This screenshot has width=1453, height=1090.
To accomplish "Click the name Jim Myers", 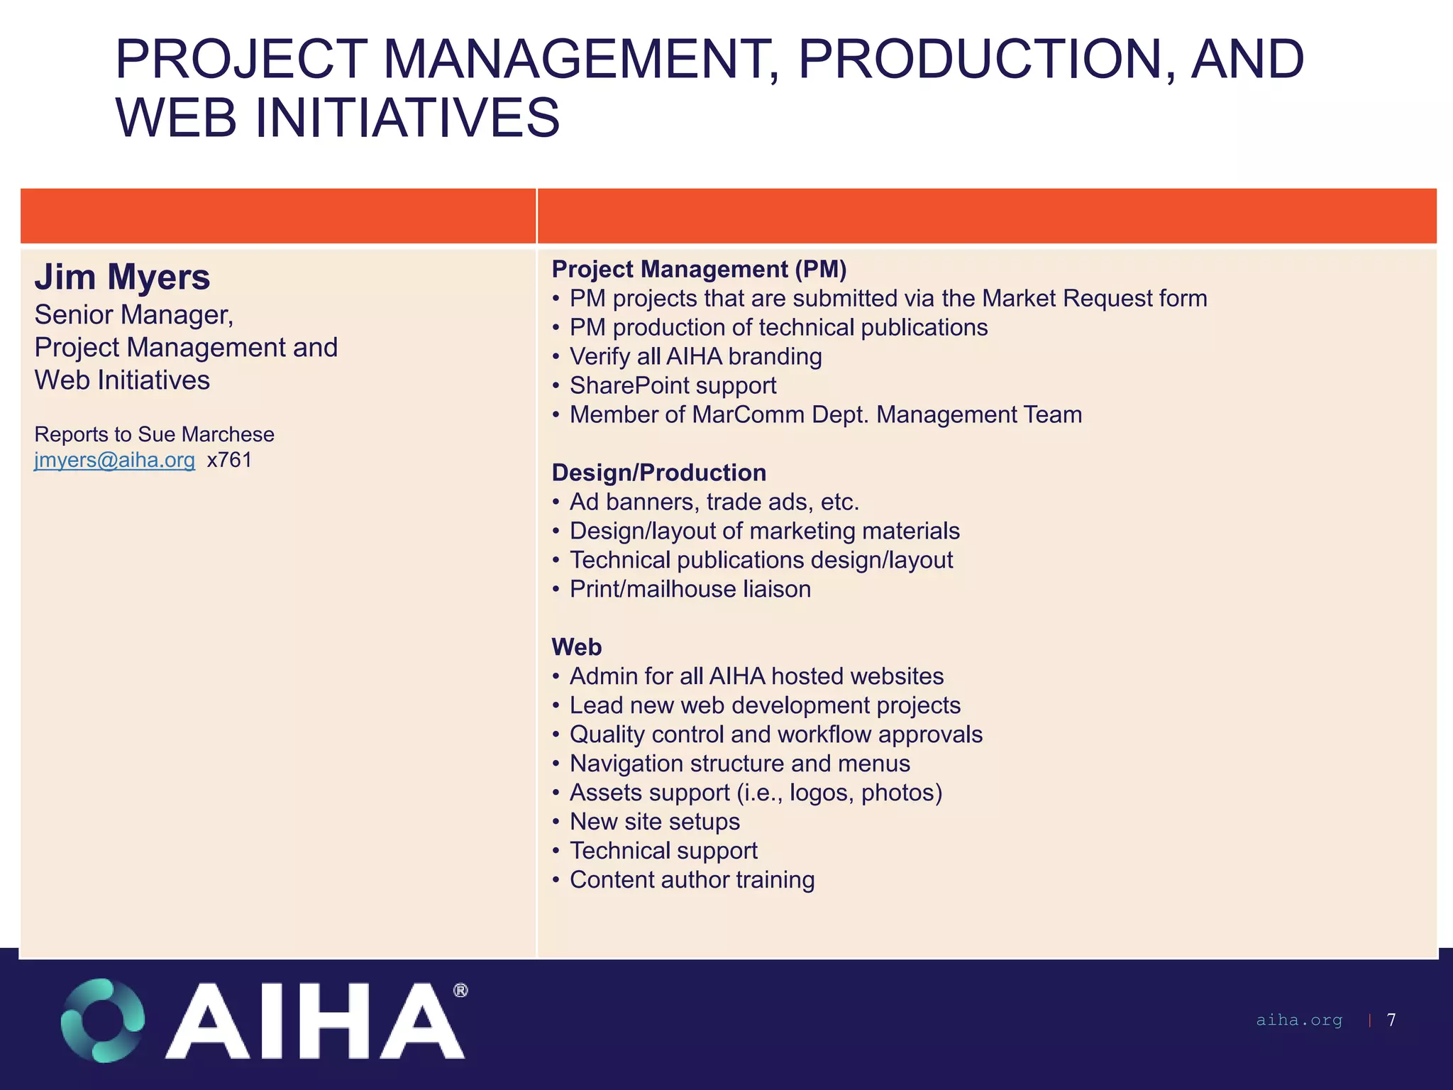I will point(122,277).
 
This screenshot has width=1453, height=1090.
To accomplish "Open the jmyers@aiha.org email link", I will point(114,460).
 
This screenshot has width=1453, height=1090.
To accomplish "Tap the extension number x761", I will point(230,460).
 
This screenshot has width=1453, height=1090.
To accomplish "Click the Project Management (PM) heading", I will point(699,269).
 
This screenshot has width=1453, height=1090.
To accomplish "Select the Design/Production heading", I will point(658,473).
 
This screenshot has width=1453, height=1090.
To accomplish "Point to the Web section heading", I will point(576,647).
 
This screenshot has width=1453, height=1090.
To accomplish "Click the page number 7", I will point(1391,1020).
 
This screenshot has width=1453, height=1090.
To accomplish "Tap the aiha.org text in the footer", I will point(1299,1020).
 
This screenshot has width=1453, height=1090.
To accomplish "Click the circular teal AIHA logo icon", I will point(103,1020).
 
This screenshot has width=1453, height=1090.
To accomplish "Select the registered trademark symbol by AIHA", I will point(460,990).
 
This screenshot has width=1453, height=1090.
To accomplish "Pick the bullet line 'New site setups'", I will point(654,822).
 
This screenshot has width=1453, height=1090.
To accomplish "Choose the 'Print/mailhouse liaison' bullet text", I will point(690,589).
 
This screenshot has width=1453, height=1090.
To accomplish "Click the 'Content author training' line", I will point(692,880).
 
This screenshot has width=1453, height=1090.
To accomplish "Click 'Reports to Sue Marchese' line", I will point(154,434).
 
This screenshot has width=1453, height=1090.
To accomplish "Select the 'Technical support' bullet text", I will point(663,851).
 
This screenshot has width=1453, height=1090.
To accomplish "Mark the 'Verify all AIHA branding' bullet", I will point(695,356).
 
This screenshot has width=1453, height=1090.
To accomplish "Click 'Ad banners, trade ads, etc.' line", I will point(714,502).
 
